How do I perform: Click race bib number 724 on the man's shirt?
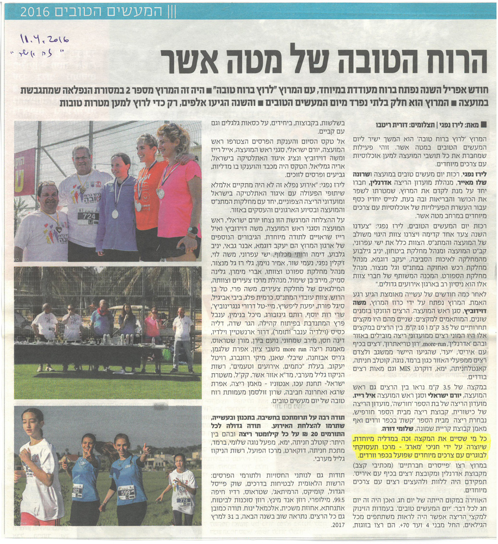88,216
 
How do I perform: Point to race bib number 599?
126,492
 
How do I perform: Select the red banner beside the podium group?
24,171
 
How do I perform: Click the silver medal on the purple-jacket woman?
115,213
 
